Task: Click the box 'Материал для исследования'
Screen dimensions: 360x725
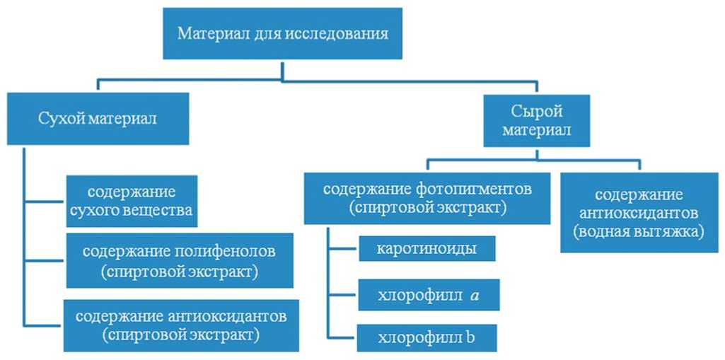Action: (x=282, y=33)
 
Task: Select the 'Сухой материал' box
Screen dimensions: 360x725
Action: (x=98, y=118)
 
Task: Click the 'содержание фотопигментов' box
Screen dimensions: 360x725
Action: (x=427, y=199)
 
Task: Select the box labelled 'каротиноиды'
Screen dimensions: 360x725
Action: (x=427, y=249)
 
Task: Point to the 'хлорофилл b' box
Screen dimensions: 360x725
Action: (x=427, y=337)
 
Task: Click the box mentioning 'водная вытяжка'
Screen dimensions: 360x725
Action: (x=638, y=212)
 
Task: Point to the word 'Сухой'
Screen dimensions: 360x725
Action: (x=60, y=118)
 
